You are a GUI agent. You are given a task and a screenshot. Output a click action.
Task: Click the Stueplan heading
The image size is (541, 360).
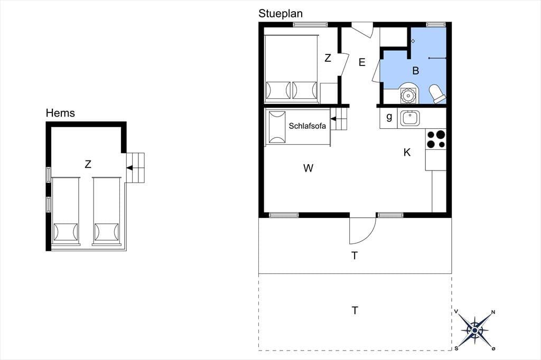tap(281, 14)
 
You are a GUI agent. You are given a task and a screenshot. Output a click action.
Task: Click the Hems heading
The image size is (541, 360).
tap(60, 113)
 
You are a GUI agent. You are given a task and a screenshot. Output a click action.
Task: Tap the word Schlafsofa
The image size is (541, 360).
tap(307, 126)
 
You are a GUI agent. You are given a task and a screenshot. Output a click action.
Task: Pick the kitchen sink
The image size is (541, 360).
tap(410, 118)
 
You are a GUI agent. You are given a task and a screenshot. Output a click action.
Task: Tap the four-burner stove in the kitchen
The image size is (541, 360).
tap(436, 139)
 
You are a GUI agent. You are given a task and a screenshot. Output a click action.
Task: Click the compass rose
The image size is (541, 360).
tap(475, 330)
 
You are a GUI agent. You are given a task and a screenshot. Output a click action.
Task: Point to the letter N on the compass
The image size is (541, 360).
tap(493, 312)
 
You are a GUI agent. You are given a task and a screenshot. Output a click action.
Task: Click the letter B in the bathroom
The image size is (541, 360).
tap(416, 71)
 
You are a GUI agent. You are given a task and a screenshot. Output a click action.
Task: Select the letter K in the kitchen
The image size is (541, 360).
tap(407, 153)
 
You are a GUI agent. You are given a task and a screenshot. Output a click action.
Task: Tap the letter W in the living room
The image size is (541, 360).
tap(308, 168)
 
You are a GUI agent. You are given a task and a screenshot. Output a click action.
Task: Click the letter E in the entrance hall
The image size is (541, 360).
tap(362, 62)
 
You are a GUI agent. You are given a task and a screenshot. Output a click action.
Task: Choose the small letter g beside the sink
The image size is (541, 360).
tap(389, 117)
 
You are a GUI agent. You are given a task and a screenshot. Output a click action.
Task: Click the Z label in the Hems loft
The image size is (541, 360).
tap(88, 164)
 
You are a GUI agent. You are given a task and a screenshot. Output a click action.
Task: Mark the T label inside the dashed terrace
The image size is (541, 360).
tap(355, 311)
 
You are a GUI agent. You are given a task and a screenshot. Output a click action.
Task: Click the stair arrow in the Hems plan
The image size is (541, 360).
tap(130, 168)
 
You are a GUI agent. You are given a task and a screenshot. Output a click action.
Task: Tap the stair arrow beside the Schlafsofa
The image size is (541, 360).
tap(333, 119)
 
